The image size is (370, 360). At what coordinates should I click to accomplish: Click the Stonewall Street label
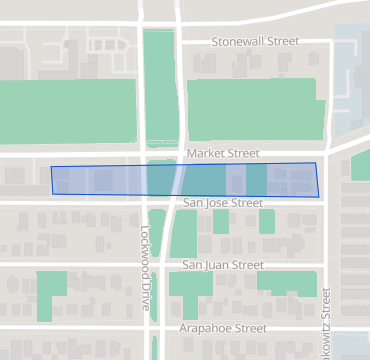[x=255, y=41]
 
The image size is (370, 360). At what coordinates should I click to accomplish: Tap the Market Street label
[x=223, y=154]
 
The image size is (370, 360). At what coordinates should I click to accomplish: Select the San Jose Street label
[x=222, y=203]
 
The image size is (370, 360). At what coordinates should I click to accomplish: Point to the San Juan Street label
[x=222, y=265]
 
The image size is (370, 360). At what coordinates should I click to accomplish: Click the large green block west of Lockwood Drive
[x=67, y=110]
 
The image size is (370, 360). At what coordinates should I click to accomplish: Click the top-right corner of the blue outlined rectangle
[x=315, y=163]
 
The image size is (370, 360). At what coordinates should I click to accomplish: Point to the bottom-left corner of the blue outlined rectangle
[x=54, y=192]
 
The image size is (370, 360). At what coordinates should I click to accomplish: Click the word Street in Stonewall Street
[x=281, y=41]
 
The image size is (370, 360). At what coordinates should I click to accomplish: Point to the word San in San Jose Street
[x=194, y=203]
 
